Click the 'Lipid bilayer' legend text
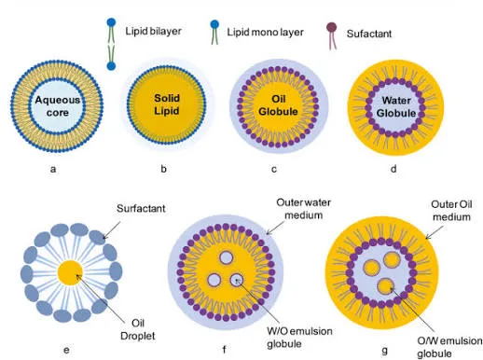tap(153, 32)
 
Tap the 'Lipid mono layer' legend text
tap(265, 32)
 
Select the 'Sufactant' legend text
tap(369, 34)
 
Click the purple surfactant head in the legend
tap(332, 27)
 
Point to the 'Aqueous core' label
tap(57, 106)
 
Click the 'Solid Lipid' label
tap(167, 104)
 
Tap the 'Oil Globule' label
tap(278, 105)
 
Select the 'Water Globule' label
tap(396, 106)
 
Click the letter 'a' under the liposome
tap(53, 169)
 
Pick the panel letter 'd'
tap(393, 169)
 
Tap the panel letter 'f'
tap(224, 350)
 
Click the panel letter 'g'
tap(385, 351)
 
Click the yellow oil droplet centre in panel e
tap(70, 272)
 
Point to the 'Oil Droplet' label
tap(138, 329)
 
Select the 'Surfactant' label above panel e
tap(141, 208)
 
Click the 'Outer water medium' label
tap(303, 209)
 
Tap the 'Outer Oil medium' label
tap(451, 211)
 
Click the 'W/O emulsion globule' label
tap(299, 338)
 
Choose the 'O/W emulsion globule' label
tap(449, 347)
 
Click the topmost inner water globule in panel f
tap(226, 257)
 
